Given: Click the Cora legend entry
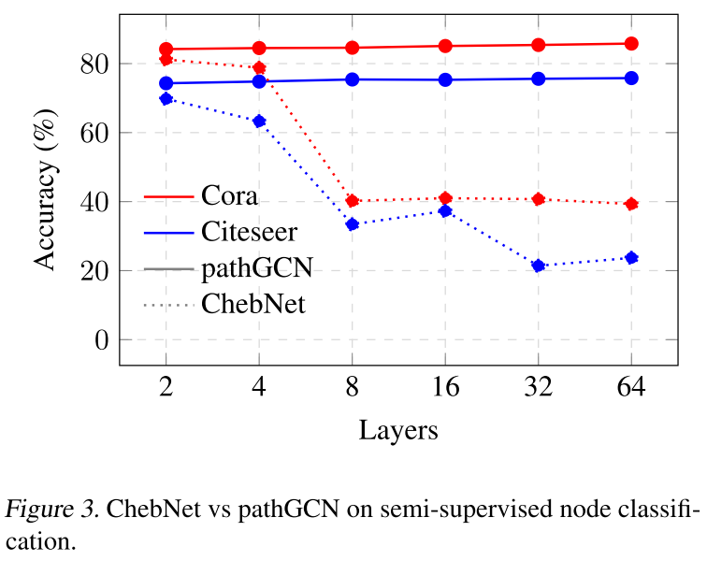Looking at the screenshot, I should [x=229, y=196].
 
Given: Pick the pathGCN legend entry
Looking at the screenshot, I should [x=255, y=268].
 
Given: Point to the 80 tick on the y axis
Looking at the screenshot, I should [x=96, y=65].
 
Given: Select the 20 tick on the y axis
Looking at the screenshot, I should [x=96, y=271].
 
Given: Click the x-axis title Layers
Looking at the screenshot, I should [x=398, y=430].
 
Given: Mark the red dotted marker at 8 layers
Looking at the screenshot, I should [x=353, y=201].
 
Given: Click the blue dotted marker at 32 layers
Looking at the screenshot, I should [x=539, y=266].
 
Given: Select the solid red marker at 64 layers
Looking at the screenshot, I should [x=631, y=43].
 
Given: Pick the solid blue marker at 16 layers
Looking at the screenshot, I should [x=445, y=79].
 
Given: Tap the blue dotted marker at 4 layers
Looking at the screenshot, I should [x=259, y=121].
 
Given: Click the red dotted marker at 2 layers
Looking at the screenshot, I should [x=166, y=59].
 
